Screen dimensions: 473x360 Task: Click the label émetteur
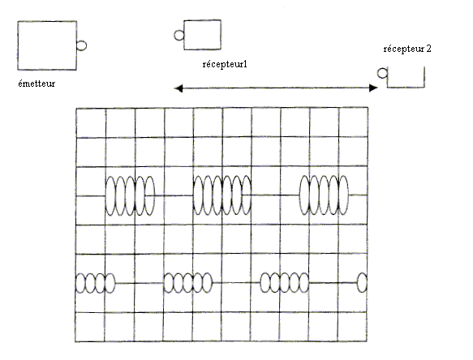point(37,84)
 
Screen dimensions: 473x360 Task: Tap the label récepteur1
point(225,64)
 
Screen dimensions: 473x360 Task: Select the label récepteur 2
point(407,49)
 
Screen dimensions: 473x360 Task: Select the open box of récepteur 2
point(406,88)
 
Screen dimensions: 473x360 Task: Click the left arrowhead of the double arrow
point(178,88)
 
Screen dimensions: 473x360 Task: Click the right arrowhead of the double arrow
point(374,88)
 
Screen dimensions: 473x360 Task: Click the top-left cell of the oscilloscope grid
point(91,123)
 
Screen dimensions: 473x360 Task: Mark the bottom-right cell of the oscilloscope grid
point(352,327)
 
